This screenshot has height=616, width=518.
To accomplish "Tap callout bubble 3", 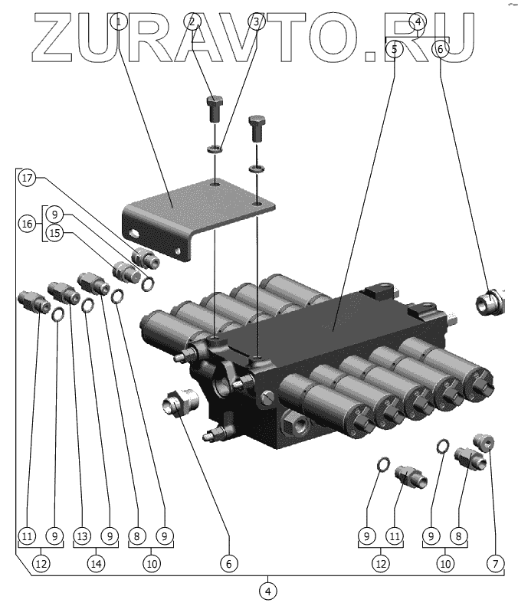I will [x=257, y=21].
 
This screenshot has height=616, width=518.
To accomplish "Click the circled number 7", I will [x=497, y=563].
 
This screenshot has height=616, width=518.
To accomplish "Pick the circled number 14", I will [x=96, y=563].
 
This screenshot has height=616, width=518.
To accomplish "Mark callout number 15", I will [x=53, y=234].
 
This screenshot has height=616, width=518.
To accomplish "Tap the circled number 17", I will [x=28, y=179].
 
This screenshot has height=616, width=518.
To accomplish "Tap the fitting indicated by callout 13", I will [x=61, y=291].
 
